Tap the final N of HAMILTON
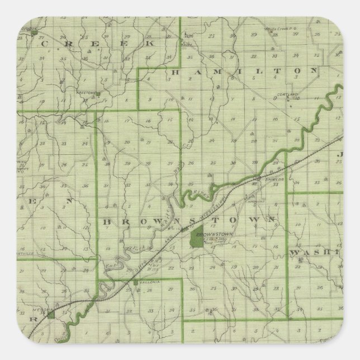pyautogui.click(x=314, y=71)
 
